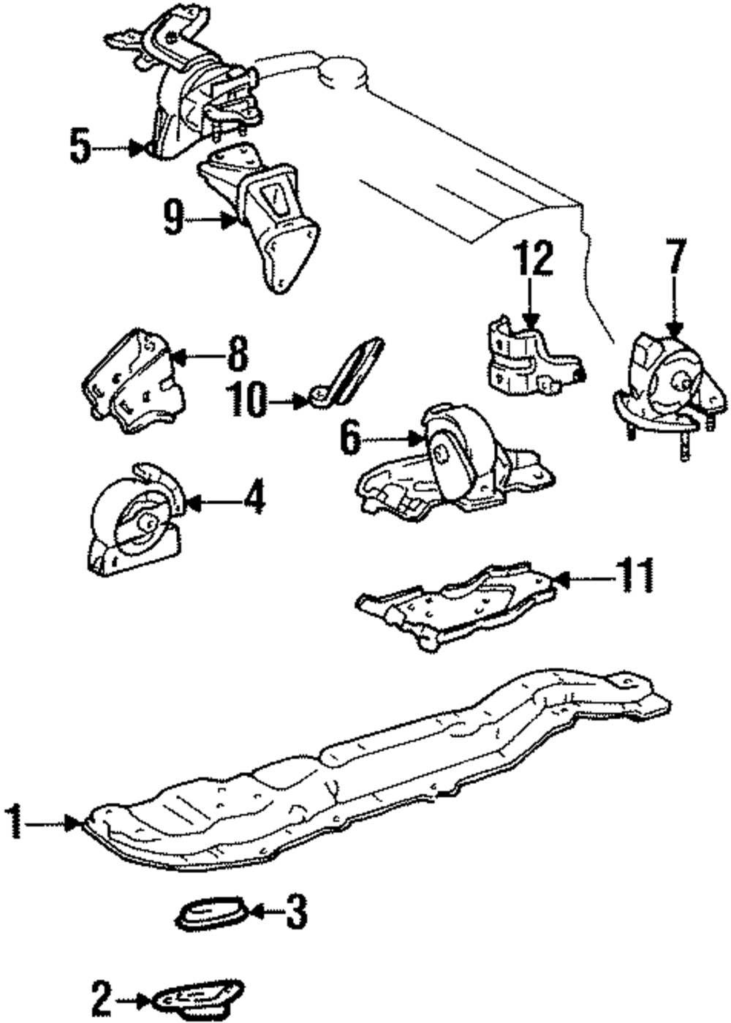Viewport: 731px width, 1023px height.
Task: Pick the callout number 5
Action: coord(80,147)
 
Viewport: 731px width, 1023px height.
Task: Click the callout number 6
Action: coord(352,439)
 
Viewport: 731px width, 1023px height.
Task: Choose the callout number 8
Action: coord(238,355)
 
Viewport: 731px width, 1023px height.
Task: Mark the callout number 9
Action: coord(173,218)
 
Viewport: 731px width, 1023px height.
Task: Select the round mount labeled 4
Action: coord(135,521)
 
